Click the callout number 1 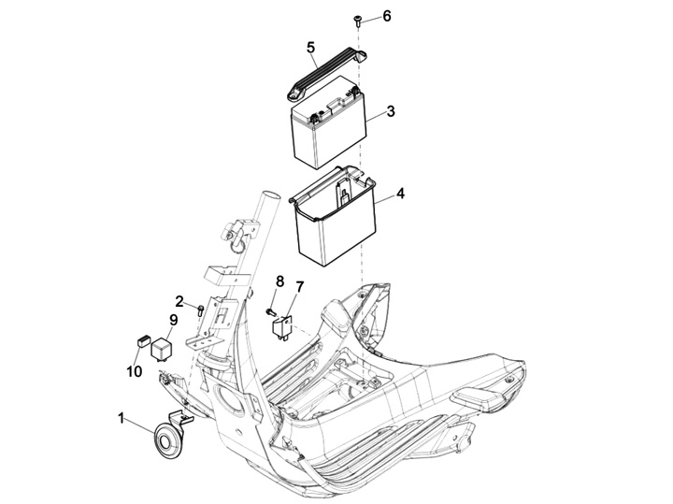[x=122, y=418]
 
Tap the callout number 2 [x=179, y=301]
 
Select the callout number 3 [x=390, y=111]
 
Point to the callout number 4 [x=400, y=194]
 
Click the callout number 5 [x=311, y=48]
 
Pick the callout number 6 [x=387, y=16]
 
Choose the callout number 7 [x=299, y=287]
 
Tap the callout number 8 [x=279, y=281]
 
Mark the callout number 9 [x=174, y=320]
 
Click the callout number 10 [x=135, y=371]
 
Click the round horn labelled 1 [x=167, y=440]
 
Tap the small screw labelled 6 [x=357, y=21]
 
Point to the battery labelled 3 [x=329, y=122]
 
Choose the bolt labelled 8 [x=271, y=312]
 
